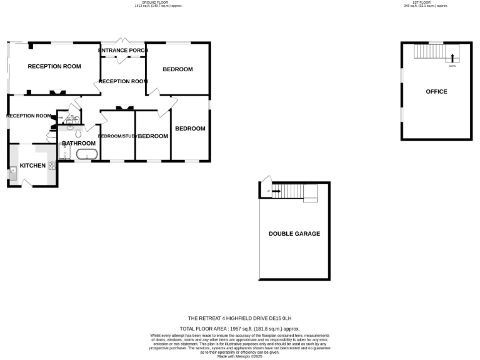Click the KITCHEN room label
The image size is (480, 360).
32,166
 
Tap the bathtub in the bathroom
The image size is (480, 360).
87,154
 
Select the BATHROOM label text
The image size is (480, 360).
78,143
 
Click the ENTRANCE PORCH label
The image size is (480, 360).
123,51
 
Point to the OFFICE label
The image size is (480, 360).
436,92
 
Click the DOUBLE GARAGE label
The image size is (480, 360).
294,234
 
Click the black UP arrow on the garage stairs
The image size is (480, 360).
275,192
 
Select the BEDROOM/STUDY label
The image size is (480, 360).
117,136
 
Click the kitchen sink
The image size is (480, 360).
12,171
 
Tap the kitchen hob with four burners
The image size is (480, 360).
52,166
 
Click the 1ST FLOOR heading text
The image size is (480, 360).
425,2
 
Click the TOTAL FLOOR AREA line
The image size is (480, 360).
240,328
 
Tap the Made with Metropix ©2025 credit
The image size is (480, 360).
240,356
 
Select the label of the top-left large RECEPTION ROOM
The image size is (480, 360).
54,67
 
